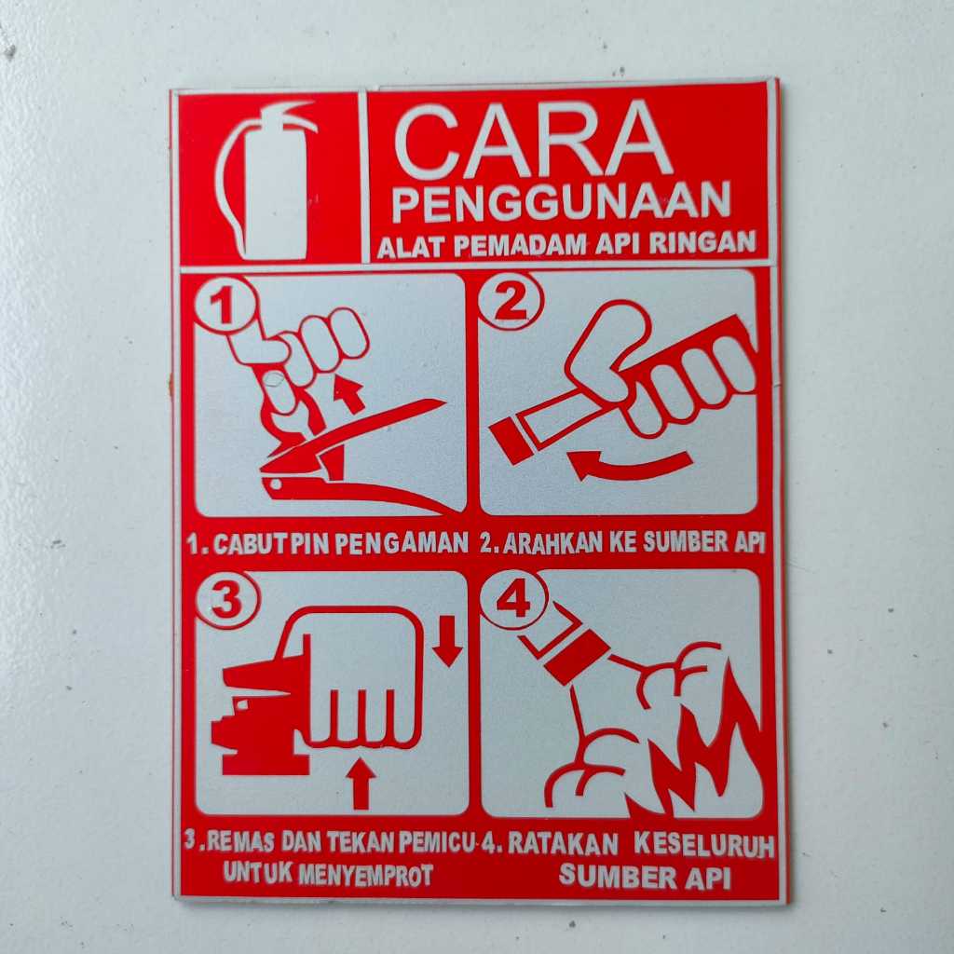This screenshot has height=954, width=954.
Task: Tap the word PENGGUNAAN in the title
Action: (561, 203)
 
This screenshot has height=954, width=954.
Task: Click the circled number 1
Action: (224, 305)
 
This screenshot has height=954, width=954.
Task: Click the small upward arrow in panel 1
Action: (350, 392)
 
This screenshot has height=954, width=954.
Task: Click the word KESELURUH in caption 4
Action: (703, 844)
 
